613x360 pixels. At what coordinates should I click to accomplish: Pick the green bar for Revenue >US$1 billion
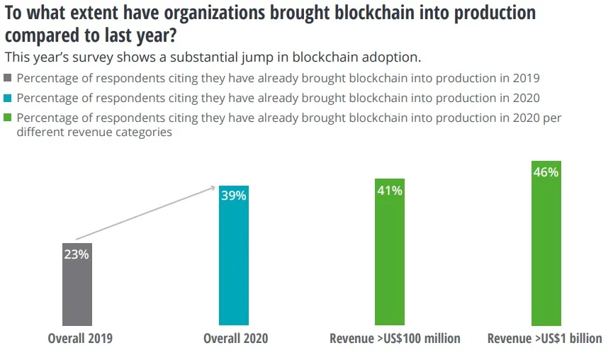click(546, 248)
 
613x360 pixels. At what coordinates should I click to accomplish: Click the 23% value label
click(77, 254)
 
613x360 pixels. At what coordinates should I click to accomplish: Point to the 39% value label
click(233, 196)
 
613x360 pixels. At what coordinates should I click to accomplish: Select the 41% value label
click(389, 190)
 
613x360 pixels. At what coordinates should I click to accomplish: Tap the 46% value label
click(546, 172)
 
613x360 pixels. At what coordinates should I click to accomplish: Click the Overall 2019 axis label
click(80, 339)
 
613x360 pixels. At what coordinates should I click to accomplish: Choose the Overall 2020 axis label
click(236, 339)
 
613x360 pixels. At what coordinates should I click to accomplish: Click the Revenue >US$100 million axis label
click(395, 339)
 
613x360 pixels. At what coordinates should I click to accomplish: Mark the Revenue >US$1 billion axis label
click(545, 339)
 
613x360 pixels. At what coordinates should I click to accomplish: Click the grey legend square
click(9, 79)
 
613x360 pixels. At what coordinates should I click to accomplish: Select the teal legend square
click(9, 99)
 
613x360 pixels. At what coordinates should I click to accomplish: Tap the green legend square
click(9, 118)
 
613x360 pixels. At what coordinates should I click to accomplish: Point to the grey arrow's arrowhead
click(213, 187)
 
